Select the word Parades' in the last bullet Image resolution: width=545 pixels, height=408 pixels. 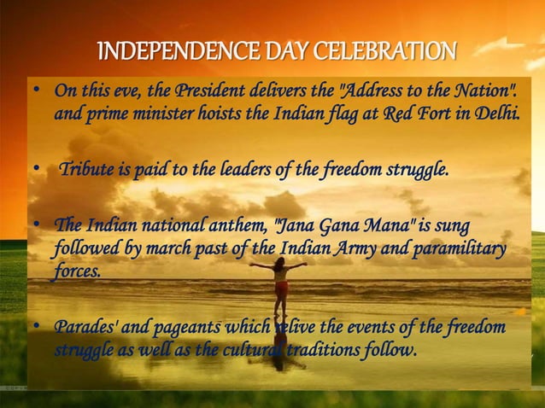(x=84, y=329)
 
